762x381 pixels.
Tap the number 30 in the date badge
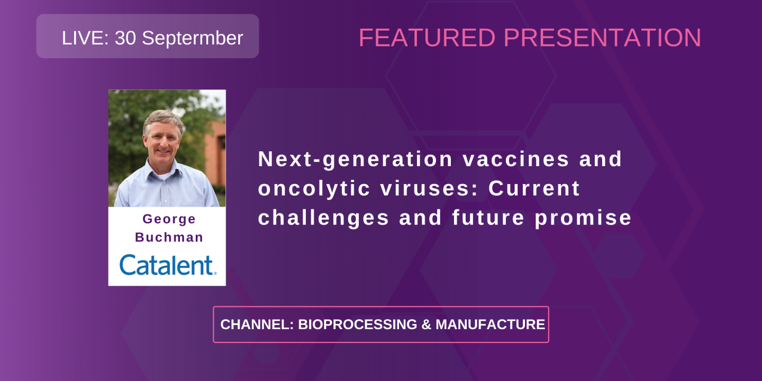click(125, 38)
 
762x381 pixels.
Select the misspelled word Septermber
click(192, 39)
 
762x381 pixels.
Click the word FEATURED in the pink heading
click(427, 38)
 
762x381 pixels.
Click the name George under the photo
click(169, 219)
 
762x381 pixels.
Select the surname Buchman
click(169, 238)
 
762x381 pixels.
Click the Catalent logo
click(168, 265)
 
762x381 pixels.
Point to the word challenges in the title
click(323, 218)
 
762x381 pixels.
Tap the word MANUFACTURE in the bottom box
click(490, 325)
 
